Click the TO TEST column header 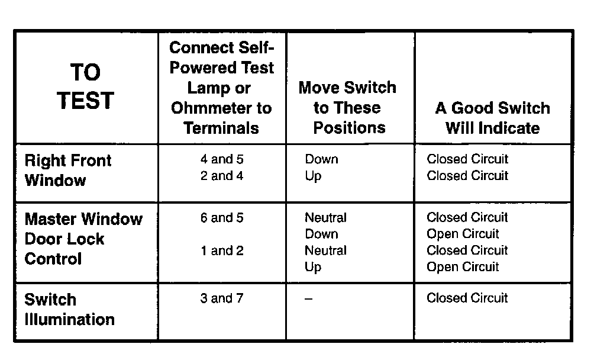click(x=86, y=86)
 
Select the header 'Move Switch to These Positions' click(x=347, y=108)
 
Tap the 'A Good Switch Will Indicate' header click(x=492, y=118)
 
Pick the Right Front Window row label click(x=67, y=170)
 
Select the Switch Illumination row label click(x=69, y=309)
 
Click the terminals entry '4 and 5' click(x=222, y=159)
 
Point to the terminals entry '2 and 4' click(x=222, y=176)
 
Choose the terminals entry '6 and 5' click(x=222, y=218)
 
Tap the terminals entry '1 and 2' click(x=222, y=250)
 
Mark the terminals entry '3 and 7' click(x=222, y=298)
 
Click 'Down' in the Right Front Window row click(x=321, y=159)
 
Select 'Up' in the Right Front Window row click(x=313, y=176)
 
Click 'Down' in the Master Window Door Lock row click(x=321, y=234)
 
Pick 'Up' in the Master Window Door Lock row click(x=313, y=267)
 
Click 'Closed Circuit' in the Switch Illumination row click(x=467, y=298)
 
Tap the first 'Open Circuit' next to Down click(x=463, y=234)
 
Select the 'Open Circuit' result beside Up click(x=463, y=267)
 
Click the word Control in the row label click(x=53, y=259)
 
